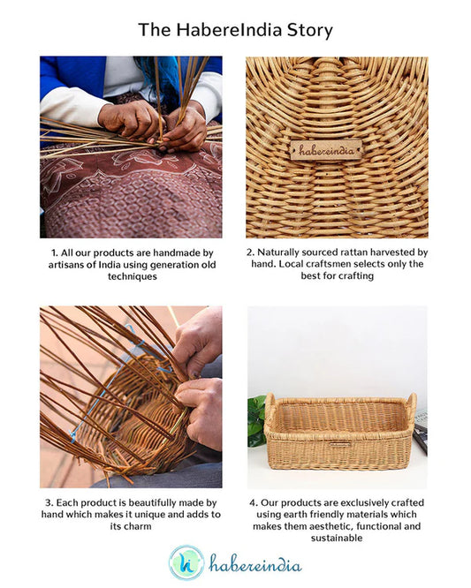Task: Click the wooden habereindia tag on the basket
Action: [326, 149]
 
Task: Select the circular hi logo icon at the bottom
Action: [186, 562]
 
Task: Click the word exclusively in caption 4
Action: [372, 503]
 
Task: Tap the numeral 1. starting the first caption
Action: [54, 253]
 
